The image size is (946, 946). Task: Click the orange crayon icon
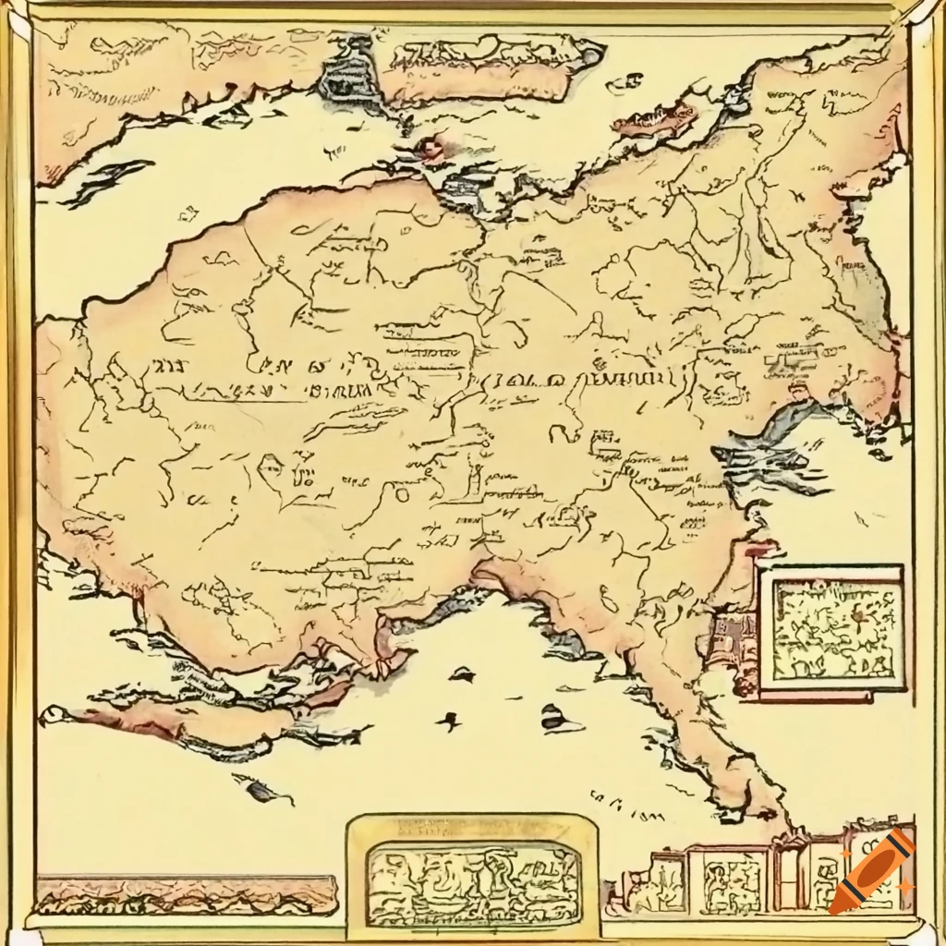(870, 872)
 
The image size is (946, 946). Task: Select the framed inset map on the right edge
(830, 632)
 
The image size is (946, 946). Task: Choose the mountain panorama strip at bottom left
(185, 893)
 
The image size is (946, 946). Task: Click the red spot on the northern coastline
(431, 148)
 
